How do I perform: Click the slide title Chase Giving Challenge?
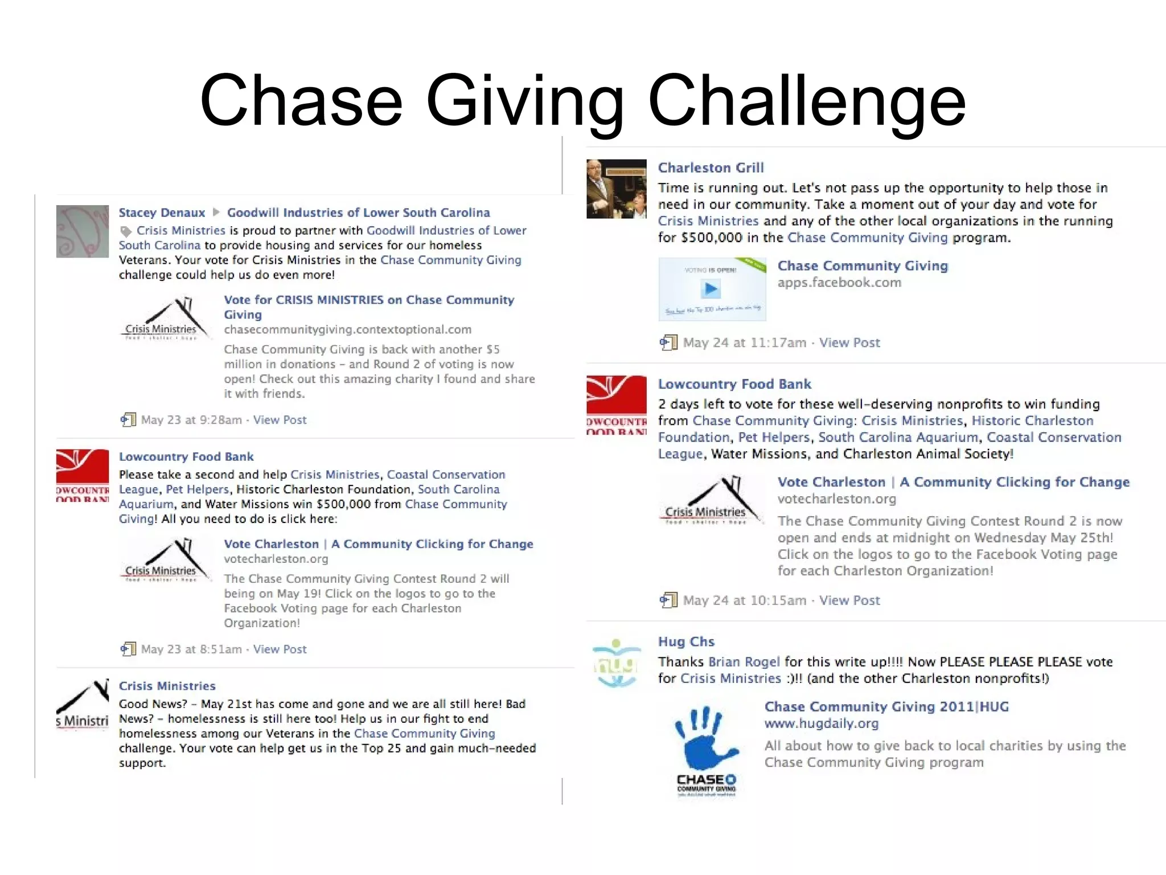pos(582,100)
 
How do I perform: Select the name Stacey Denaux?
pos(162,212)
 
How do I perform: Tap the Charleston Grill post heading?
pos(711,167)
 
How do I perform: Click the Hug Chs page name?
pos(685,641)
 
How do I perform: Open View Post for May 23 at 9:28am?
pos(280,420)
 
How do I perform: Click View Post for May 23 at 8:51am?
pos(280,649)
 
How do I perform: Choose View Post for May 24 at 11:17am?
pos(849,342)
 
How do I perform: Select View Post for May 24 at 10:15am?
pos(849,600)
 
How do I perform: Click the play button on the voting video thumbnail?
pos(711,289)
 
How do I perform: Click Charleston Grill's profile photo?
pos(617,189)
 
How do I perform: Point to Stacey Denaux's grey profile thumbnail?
pos(83,231)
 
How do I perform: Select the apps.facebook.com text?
pos(839,283)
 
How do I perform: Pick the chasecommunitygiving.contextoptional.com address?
pos(347,329)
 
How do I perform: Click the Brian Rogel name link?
pos(744,661)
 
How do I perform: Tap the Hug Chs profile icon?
pos(615,663)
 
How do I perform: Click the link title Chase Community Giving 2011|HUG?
pos(886,706)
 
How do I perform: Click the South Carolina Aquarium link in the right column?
pos(898,437)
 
